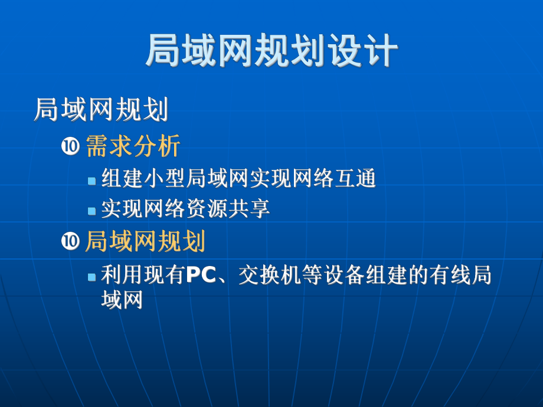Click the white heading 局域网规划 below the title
102,110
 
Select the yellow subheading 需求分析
133,146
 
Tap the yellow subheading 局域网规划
145,241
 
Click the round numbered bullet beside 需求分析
70,147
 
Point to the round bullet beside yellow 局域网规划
70,242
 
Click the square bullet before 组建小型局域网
91,180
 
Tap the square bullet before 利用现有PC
91,277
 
